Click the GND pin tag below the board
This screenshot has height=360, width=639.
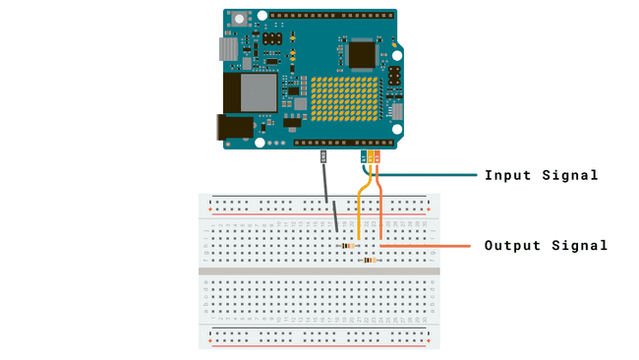click(x=323, y=156)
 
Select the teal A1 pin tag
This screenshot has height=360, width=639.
click(x=364, y=156)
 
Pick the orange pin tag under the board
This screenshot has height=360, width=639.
click(x=378, y=156)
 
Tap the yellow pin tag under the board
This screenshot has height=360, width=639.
click(x=371, y=156)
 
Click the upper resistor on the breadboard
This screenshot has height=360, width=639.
click(x=347, y=244)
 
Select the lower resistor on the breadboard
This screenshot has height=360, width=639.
click(x=370, y=260)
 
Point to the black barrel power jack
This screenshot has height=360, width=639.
click(x=236, y=127)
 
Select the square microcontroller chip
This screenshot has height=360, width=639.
click(x=362, y=54)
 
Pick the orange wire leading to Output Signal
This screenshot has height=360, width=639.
click(x=433, y=245)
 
